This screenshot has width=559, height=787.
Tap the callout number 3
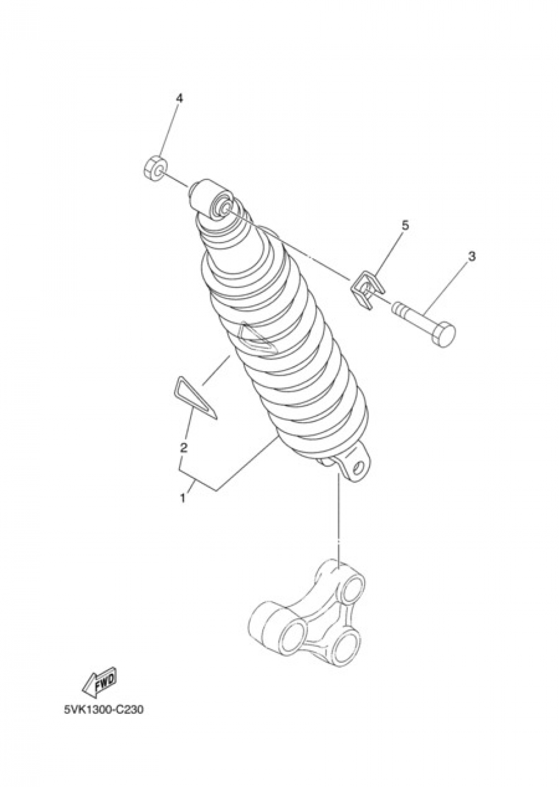tap(472, 257)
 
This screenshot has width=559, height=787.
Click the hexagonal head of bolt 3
tap(444, 334)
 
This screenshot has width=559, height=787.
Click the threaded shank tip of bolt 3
tap(398, 307)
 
